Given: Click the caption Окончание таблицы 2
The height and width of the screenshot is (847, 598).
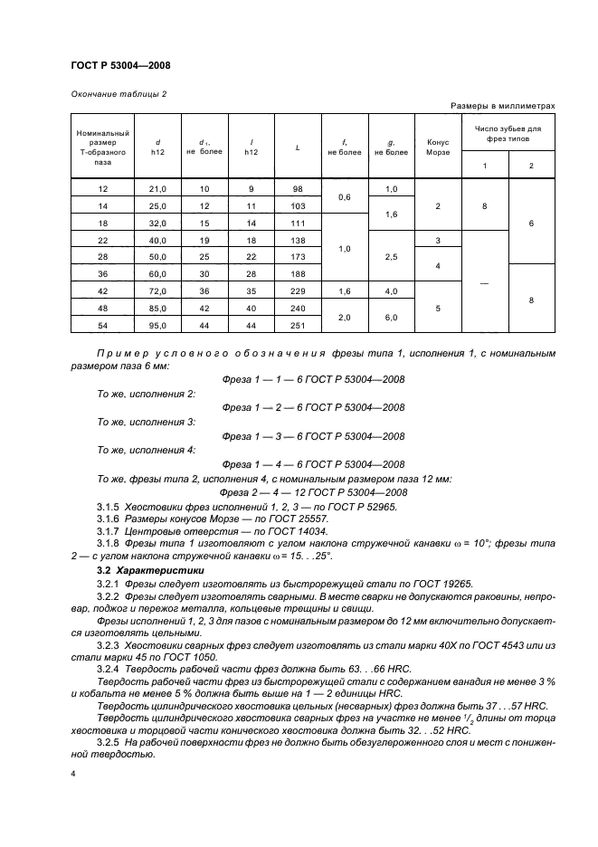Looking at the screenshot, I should [x=118, y=94].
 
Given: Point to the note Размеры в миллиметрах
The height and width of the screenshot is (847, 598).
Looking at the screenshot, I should [x=502, y=106].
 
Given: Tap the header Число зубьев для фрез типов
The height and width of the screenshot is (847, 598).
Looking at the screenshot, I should [x=508, y=134].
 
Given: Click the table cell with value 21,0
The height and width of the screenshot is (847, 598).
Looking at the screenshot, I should [x=158, y=188].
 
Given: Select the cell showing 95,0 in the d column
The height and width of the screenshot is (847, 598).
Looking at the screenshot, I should [x=158, y=324].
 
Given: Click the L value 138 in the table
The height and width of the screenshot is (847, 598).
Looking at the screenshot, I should [x=297, y=240].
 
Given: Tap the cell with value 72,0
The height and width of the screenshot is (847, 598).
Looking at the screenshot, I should [x=158, y=290].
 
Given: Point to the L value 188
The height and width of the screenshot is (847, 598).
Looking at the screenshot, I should [x=297, y=273].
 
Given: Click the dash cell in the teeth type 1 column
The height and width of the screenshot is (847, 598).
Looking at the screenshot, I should [x=484, y=282].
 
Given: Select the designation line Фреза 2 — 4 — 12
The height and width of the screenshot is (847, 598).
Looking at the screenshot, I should [x=314, y=491].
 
